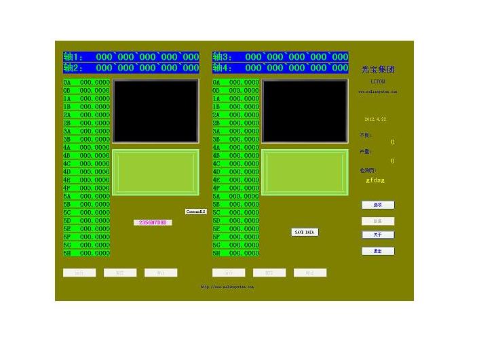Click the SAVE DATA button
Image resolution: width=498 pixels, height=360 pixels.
pyautogui.click(x=305, y=232)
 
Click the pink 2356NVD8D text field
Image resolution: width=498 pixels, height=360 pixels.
pyautogui.click(x=153, y=222)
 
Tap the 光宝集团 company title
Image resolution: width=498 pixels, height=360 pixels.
pyautogui.click(x=378, y=69)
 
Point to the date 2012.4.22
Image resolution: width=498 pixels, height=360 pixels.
pyautogui.click(x=375, y=119)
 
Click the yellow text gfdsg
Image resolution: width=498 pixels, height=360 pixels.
pyautogui.click(x=375, y=180)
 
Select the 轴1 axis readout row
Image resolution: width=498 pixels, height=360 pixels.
pyautogui.click(x=131, y=57)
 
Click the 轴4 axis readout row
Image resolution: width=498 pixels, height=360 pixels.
pyautogui.click(x=280, y=68)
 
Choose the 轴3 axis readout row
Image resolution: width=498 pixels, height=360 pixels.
pyautogui.click(x=280, y=57)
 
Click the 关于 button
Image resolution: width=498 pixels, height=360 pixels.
pyautogui.click(x=378, y=235)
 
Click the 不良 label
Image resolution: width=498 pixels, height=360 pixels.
pyautogui.click(x=366, y=135)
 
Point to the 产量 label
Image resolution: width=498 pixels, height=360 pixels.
pyautogui.click(x=366, y=152)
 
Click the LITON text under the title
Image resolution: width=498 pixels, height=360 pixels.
pyautogui.click(x=378, y=81)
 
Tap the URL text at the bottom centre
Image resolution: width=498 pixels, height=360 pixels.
pyautogui.click(x=227, y=287)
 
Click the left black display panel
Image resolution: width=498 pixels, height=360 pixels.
pyautogui.click(x=155, y=111)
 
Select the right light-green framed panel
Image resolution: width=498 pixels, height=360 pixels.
pyautogui.click(x=305, y=173)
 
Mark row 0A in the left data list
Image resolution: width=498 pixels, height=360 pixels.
pyautogui.click(x=86, y=82)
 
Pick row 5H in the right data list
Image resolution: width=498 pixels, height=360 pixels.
pyautogui.click(x=235, y=253)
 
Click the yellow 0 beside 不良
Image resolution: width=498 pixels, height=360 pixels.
pyautogui.click(x=392, y=142)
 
